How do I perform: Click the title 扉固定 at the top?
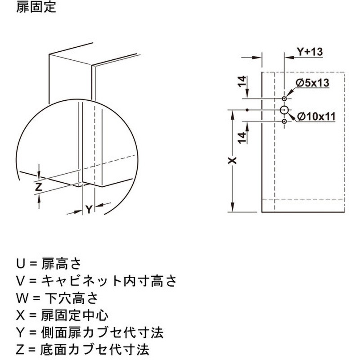coord(36,7)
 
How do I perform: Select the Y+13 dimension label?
coord(310,52)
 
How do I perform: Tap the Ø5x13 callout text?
coord(312,83)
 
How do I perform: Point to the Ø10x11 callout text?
coord(316,117)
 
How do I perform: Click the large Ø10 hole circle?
coord(284,110)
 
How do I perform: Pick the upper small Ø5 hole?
coord(284,99)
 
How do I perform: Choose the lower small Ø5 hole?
coord(284,121)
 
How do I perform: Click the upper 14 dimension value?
coord(242,81)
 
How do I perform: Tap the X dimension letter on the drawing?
coord(233,161)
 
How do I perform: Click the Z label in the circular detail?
coord(39,187)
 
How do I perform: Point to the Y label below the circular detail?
coord(89,209)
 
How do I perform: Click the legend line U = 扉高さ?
coord(49,264)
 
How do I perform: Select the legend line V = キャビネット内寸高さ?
coord(96,281)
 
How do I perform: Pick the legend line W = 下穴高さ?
coord(57,298)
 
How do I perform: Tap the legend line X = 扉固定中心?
coord(62,315)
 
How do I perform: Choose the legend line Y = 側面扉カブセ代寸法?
coord(90,333)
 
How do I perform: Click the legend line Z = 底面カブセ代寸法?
coord(83,350)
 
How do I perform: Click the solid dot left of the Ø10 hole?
coord(247,110)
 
